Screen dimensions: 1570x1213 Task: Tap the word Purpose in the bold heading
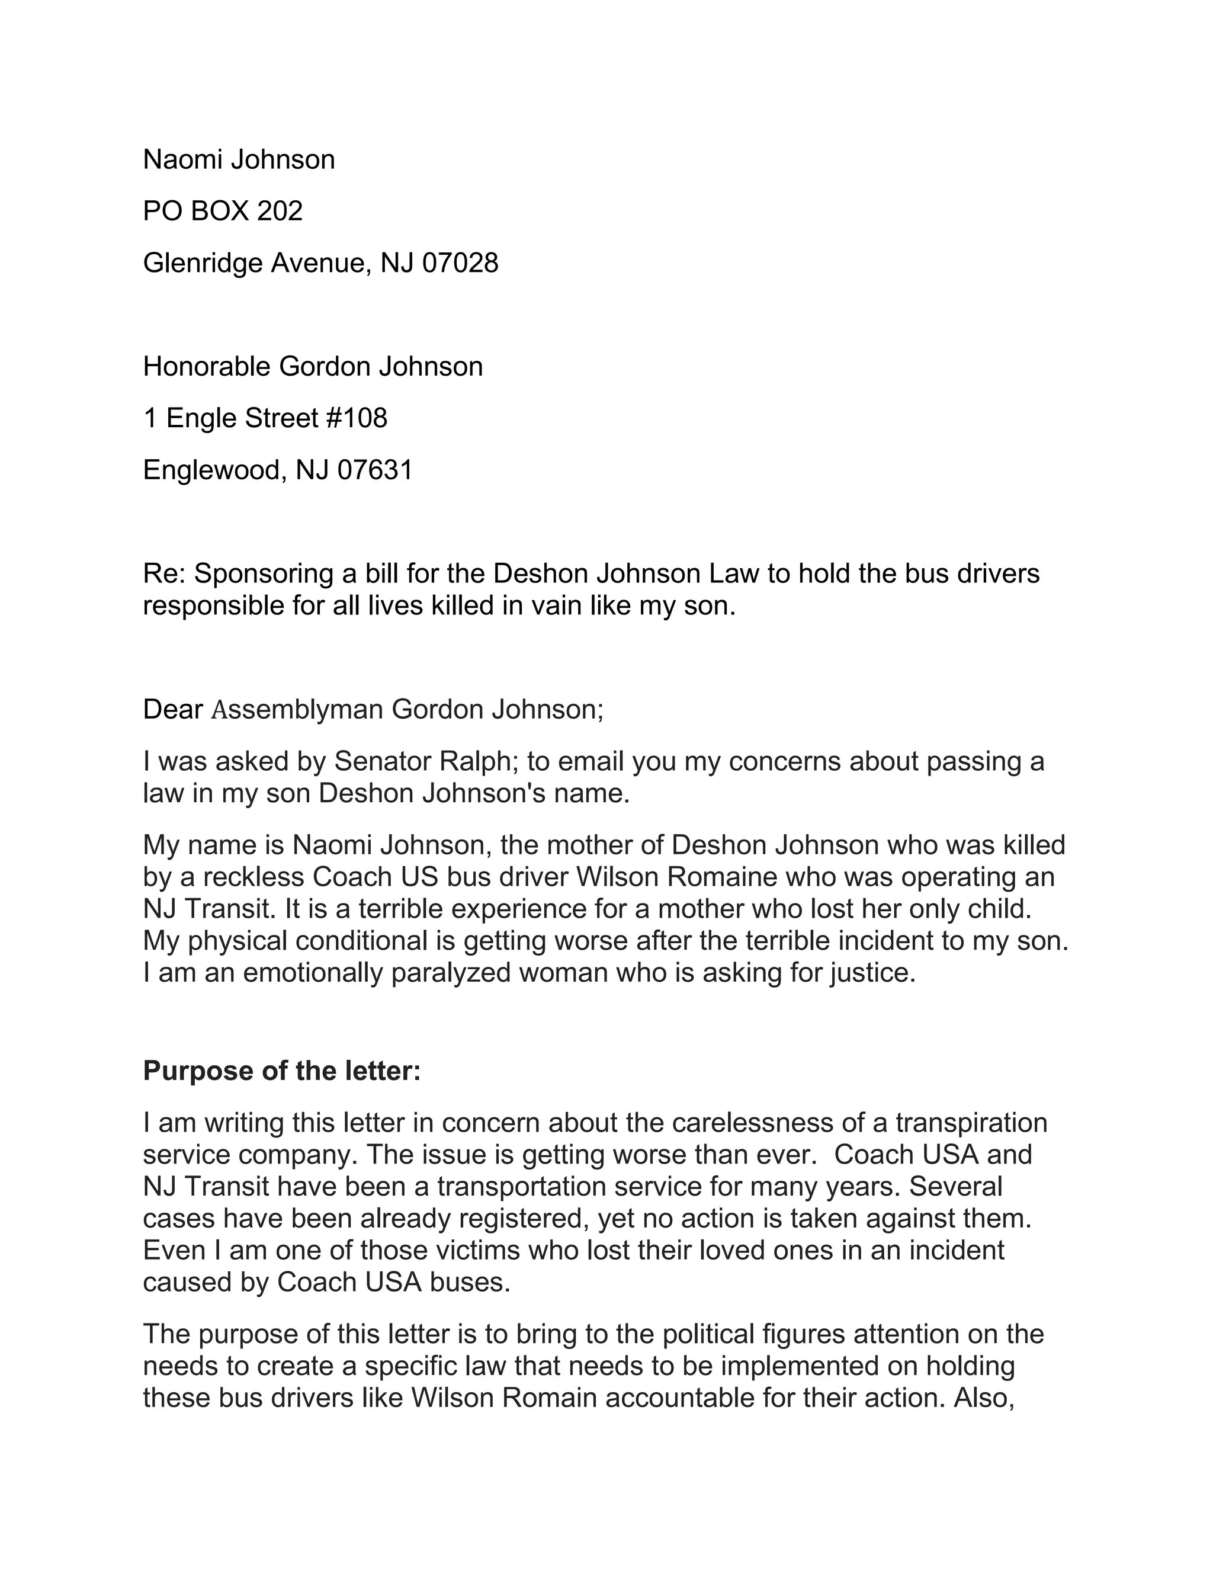[188, 1071]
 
